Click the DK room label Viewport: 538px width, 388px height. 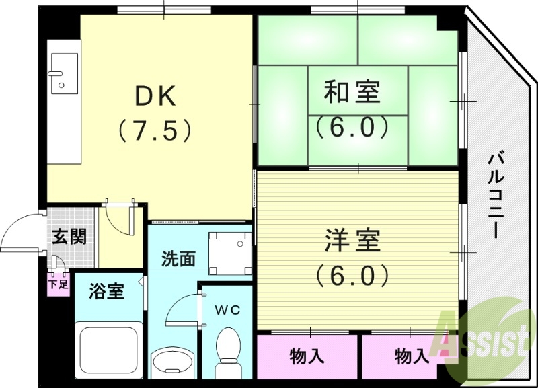156,97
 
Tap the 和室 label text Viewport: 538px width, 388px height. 352,92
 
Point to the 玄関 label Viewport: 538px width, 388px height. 70,237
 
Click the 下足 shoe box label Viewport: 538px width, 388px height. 58,284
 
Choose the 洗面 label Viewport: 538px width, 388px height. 178,259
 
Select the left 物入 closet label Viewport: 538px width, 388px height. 307,355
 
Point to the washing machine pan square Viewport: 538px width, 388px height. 229,253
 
